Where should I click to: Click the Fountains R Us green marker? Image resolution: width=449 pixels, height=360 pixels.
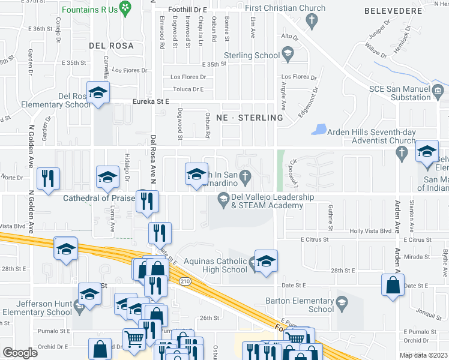[x=125, y=8]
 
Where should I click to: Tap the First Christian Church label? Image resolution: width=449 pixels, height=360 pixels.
[x=285, y=8]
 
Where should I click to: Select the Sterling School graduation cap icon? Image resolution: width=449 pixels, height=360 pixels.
[x=288, y=55]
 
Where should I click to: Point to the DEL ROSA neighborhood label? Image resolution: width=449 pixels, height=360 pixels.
[x=109, y=45]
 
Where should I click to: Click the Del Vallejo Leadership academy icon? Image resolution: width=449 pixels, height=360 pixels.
[x=223, y=198]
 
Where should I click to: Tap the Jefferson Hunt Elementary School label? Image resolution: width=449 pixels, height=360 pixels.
[x=36, y=308]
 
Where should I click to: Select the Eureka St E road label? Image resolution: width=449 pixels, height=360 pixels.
[x=151, y=103]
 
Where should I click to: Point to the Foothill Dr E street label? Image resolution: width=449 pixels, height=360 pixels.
[x=187, y=10]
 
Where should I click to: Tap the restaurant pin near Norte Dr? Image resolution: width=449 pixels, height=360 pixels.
[x=47, y=179]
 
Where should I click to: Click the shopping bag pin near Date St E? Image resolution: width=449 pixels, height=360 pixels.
[x=393, y=286]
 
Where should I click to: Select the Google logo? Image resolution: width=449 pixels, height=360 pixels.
[x=20, y=352]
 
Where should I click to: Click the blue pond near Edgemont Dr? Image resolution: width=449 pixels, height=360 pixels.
[x=319, y=129]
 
